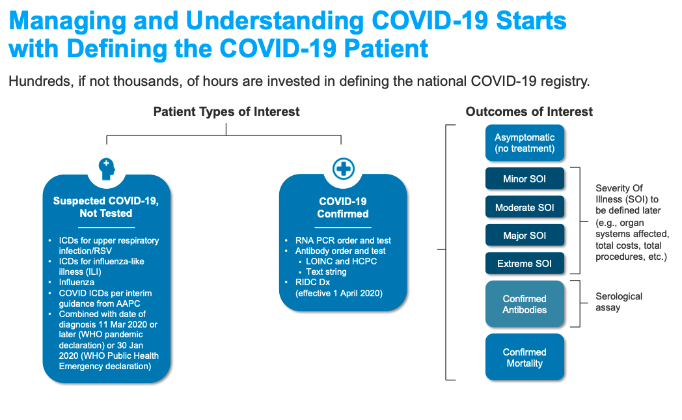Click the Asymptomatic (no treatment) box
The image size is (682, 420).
pyautogui.click(x=525, y=143)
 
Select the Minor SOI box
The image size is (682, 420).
pyautogui.click(x=525, y=179)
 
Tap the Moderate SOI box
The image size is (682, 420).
pyautogui.click(x=525, y=208)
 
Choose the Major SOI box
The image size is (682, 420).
pyautogui.click(x=525, y=236)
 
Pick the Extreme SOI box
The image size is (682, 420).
pyautogui.click(x=525, y=264)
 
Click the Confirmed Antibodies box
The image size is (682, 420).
pyautogui.click(x=525, y=304)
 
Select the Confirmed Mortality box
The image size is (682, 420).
pyautogui.click(x=525, y=357)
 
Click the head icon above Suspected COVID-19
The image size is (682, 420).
pyautogui.click(x=107, y=169)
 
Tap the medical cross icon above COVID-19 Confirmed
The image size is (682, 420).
pyautogui.click(x=343, y=169)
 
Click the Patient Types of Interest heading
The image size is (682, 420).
pyautogui.click(x=226, y=112)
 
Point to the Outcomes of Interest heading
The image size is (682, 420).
pyautogui.click(x=529, y=112)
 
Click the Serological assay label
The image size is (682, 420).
pyautogui.click(x=618, y=301)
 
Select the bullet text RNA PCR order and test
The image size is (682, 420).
pyautogui.click(x=342, y=240)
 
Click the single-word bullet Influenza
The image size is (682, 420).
pyautogui.click(x=77, y=283)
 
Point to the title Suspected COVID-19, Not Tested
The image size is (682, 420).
pyautogui.click(x=106, y=207)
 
